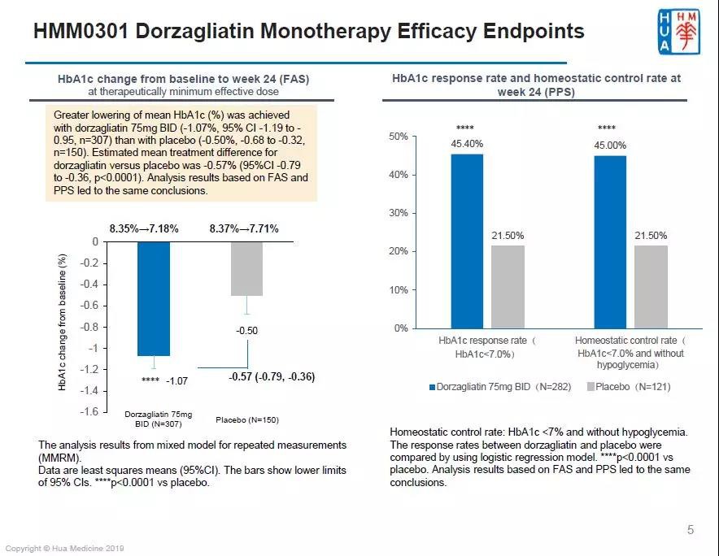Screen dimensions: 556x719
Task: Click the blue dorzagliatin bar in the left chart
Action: point(154,298)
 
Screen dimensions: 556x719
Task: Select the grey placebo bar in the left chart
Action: point(246,268)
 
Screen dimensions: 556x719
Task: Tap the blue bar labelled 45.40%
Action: point(468,241)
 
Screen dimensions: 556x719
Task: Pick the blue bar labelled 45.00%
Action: point(610,241)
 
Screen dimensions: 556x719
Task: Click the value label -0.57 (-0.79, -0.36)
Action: point(261,377)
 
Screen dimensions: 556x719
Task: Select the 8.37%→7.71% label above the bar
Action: point(244,229)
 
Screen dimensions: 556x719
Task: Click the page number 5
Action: point(691,531)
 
